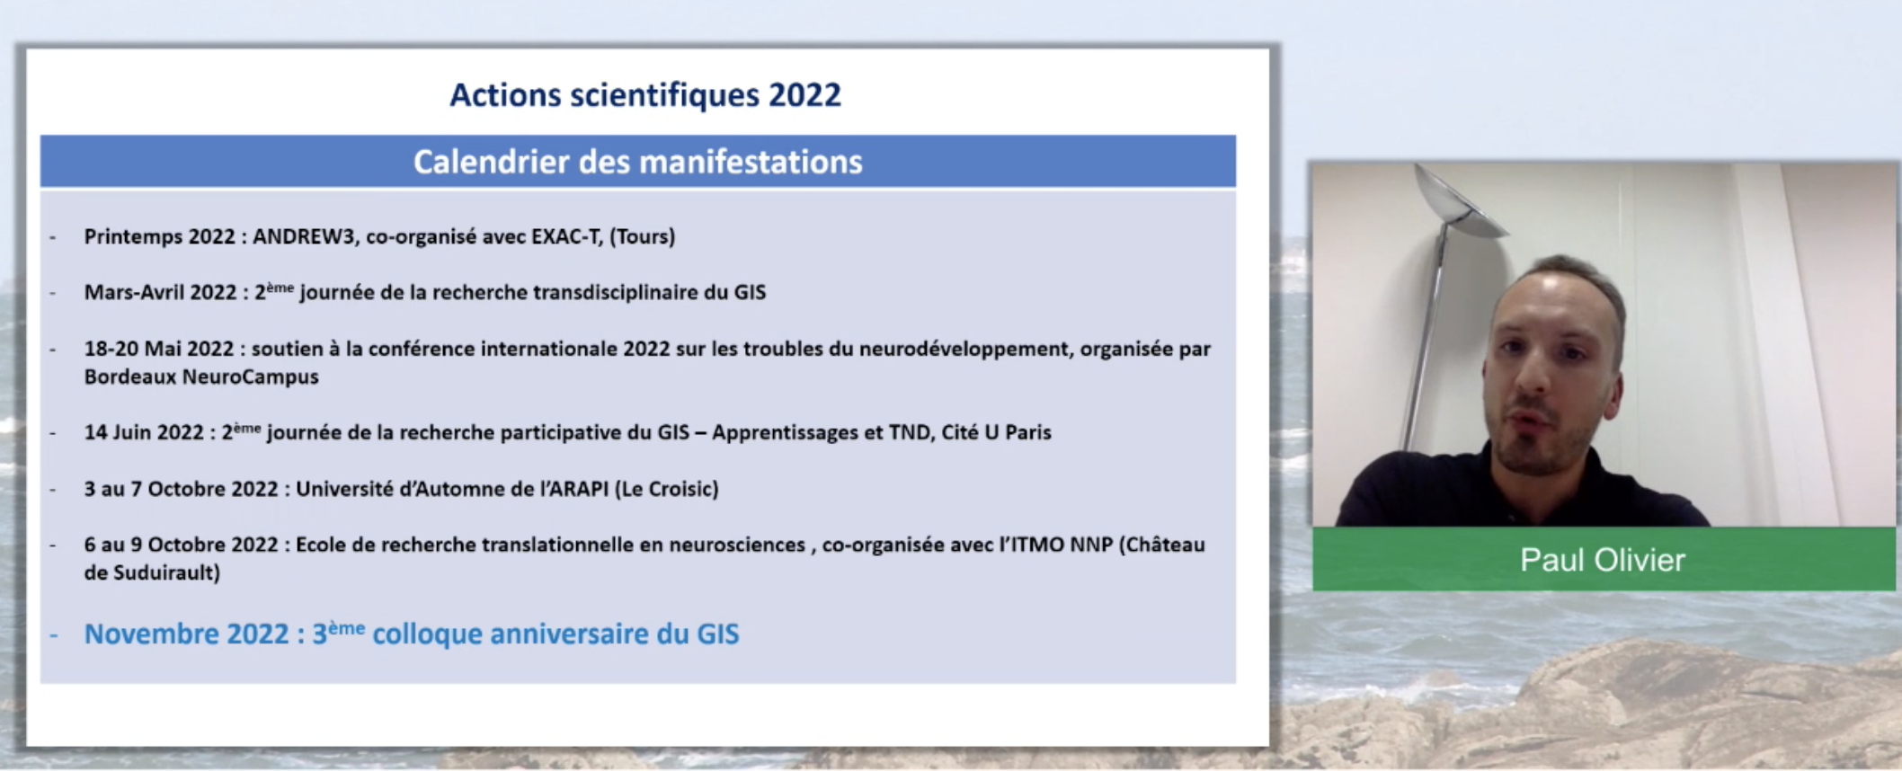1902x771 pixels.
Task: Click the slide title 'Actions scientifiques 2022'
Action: coord(645,95)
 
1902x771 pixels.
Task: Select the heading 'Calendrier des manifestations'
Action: coord(637,162)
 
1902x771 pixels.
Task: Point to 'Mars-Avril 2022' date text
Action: coord(160,292)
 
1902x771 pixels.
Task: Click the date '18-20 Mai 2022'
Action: coord(159,349)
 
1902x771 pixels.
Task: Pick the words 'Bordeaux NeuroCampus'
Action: coord(201,377)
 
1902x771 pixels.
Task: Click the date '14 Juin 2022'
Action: coord(144,432)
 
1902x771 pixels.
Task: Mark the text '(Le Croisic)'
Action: coord(667,489)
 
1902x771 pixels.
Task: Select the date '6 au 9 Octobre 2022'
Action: coord(181,545)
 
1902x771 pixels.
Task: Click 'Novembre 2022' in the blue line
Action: coord(186,634)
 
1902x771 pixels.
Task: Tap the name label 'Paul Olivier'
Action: coord(1603,560)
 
